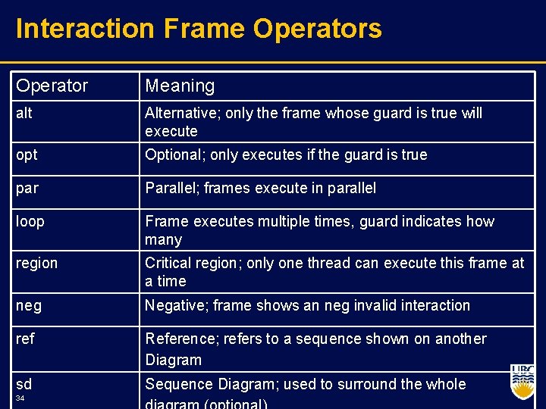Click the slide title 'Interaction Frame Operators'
pyautogui.click(x=199, y=29)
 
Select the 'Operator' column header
pyautogui.click(x=52, y=86)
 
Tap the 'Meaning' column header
pyautogui.click(x=180, y=86)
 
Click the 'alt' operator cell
pyautogui.click(x=24, y=114)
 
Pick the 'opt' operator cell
pyautogui.click(x=27, y=155)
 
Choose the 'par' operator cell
pyautogui.click(x=27, y=189)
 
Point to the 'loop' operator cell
pyautogui.click(x=30, y=222)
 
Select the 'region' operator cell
pyautogui.click(x=36, y=264)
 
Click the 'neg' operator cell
pyautogui.click(x=29, y=306)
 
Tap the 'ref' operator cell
pyautogui.click(x=25, y=339)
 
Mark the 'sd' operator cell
pyautogui.click(x=24, y=384)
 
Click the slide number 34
pyautogui.click(x=20, y=398)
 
